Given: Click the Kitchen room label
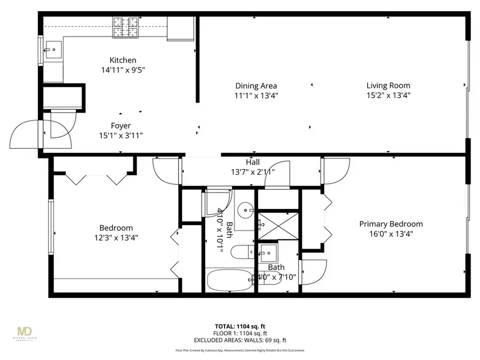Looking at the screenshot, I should click(x=123, y=60).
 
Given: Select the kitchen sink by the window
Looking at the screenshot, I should click(x=53, y=51).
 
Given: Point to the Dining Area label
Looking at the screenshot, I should click(x=256, y=85).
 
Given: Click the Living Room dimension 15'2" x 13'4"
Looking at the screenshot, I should click(x=388, y=95).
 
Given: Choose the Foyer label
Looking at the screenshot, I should click(x=121, y=126).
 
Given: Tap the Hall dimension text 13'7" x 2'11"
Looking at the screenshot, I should click(x=253, y=172).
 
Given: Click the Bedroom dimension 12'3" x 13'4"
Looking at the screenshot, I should click(x=116, y=238).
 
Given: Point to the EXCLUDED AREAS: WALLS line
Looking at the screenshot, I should click(x=239, y=340).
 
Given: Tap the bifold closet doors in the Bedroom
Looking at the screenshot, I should click(x=96, y=178).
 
